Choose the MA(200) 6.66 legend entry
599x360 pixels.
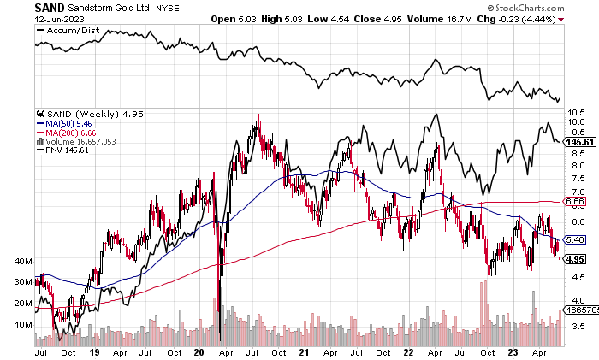[x=67, y=133]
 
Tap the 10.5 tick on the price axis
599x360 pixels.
[x=575, y=112]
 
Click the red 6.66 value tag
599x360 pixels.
[x=574, y=201]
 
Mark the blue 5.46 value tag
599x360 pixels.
[x=574, y=240]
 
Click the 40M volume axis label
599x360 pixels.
[x=24, y=261]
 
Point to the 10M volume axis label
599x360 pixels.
[x=24, y=325]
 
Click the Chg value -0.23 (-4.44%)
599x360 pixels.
[x=560, y=18]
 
